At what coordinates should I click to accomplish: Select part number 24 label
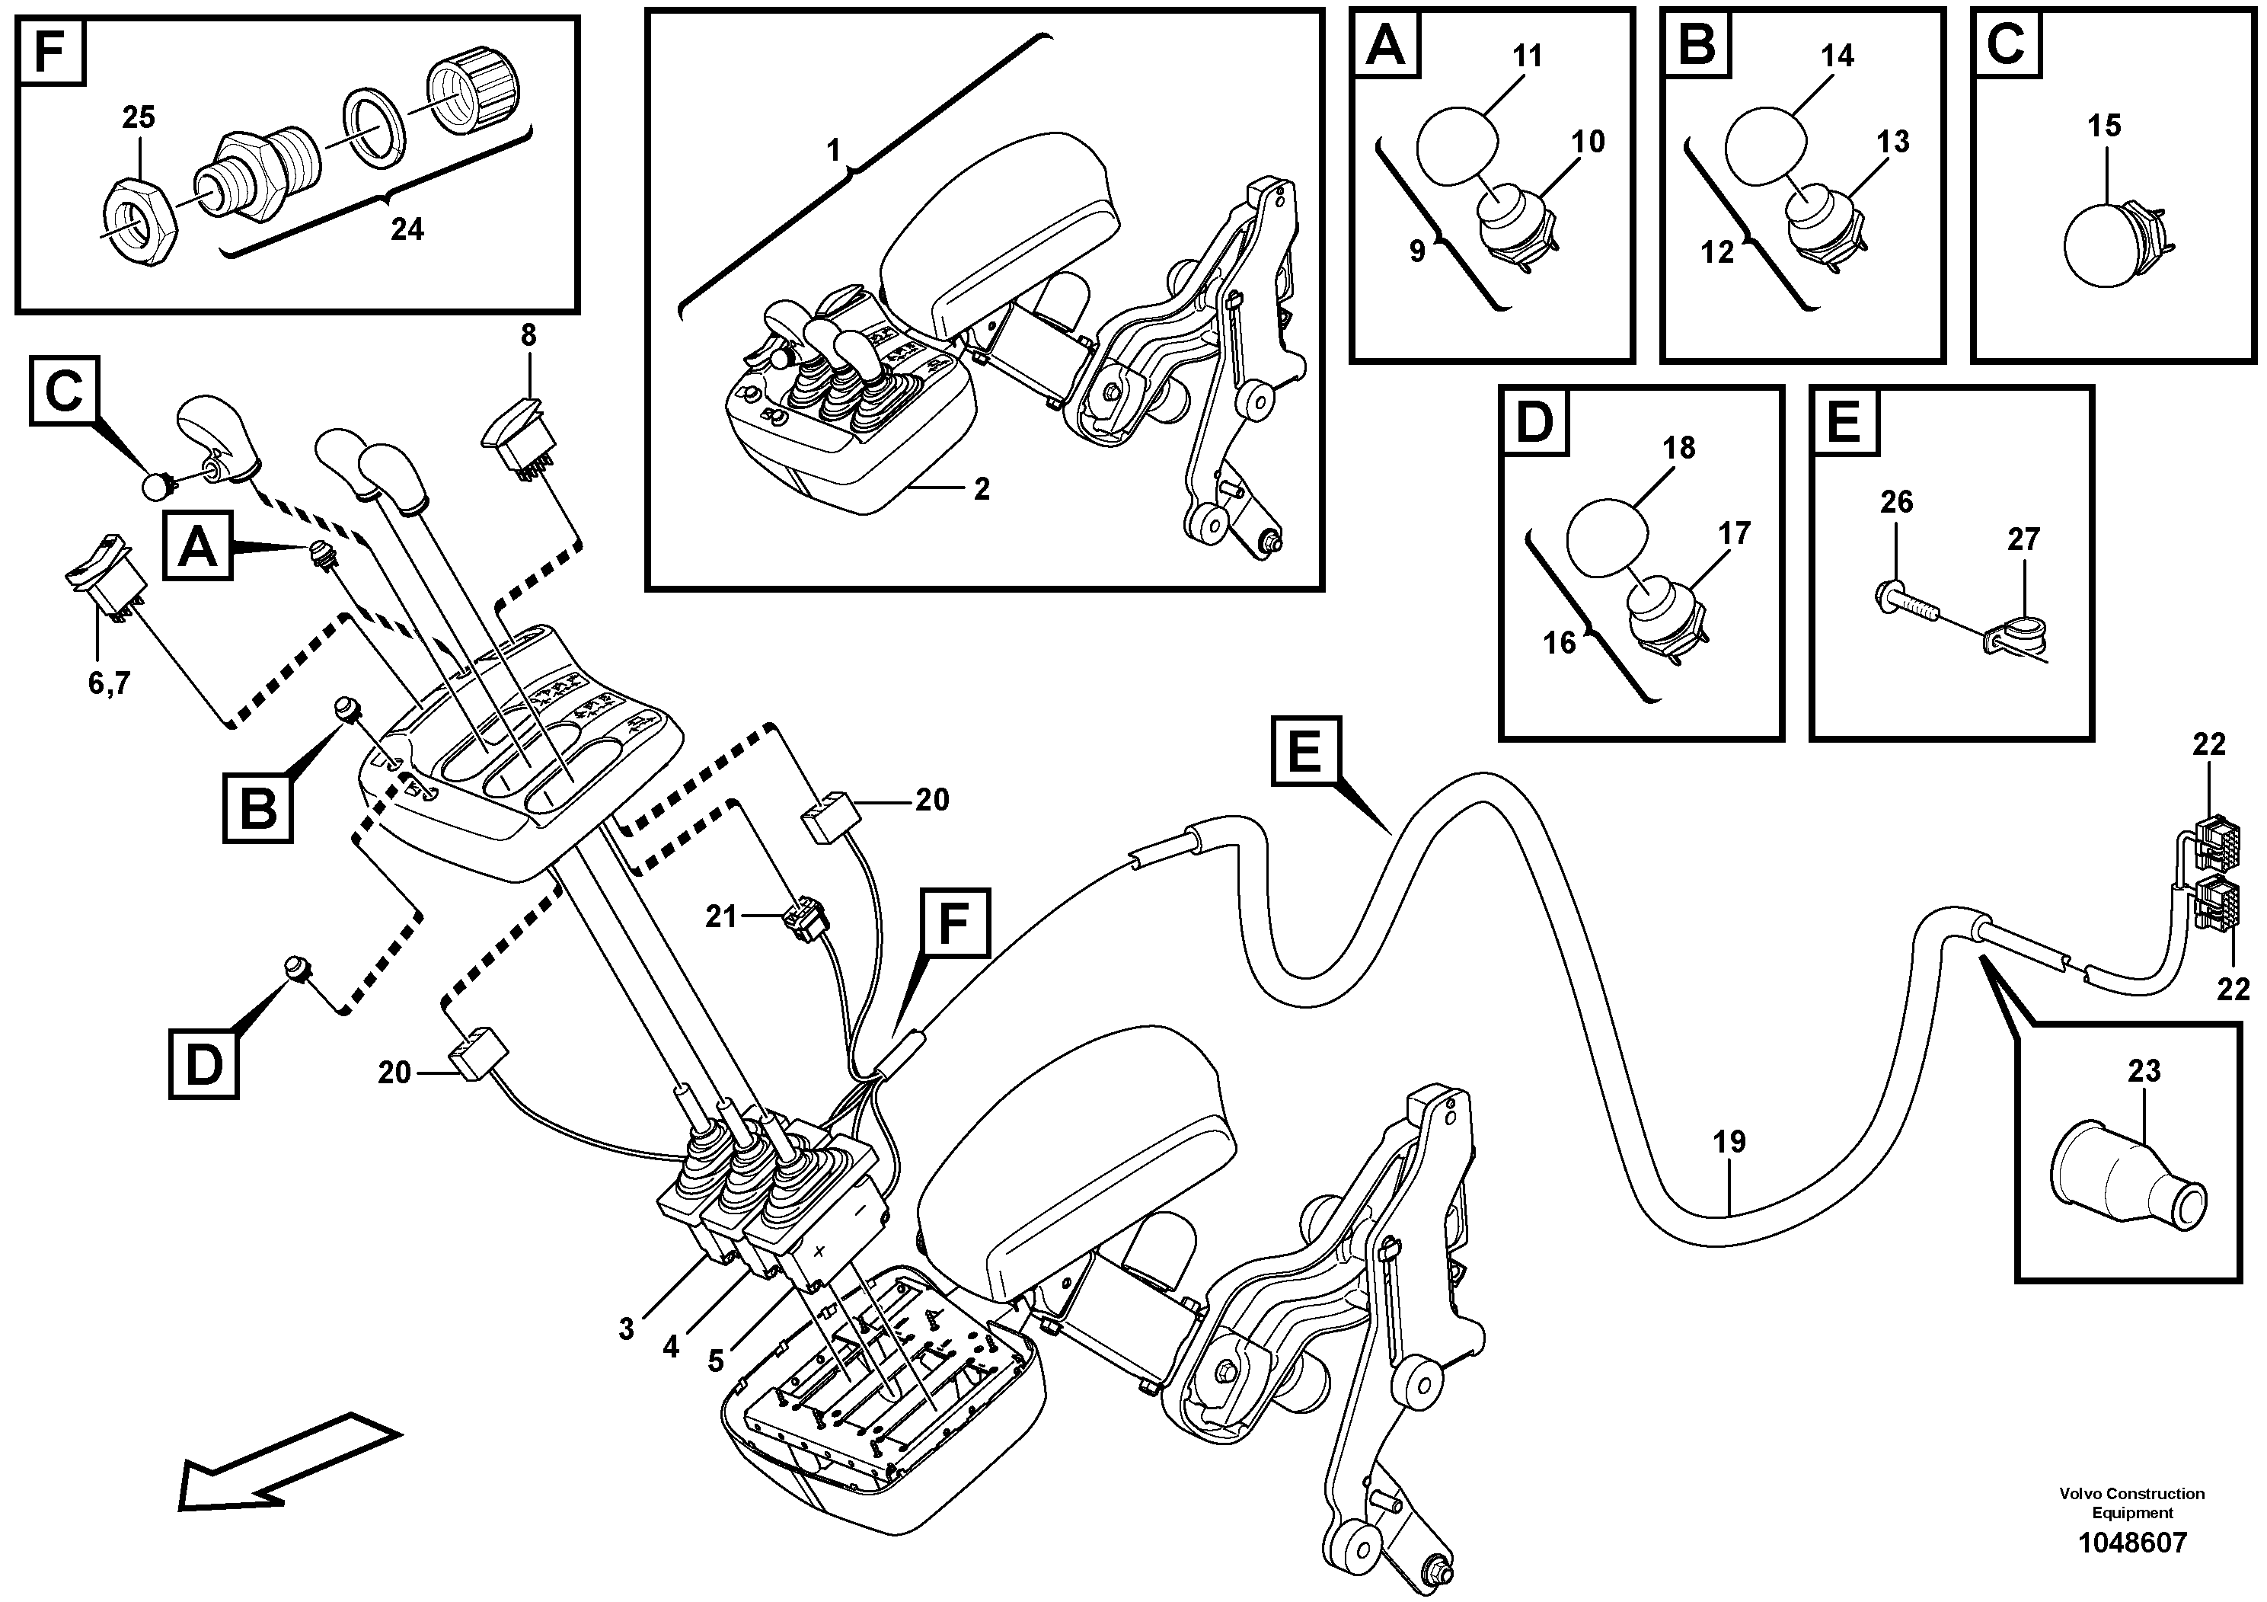pos(407,230)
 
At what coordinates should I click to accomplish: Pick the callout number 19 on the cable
pos(1729,1143)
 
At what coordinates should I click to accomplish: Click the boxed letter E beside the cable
pos(1305,753)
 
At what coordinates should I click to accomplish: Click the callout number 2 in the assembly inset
pos(981,490)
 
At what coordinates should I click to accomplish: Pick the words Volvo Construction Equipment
pos(2131,1503)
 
